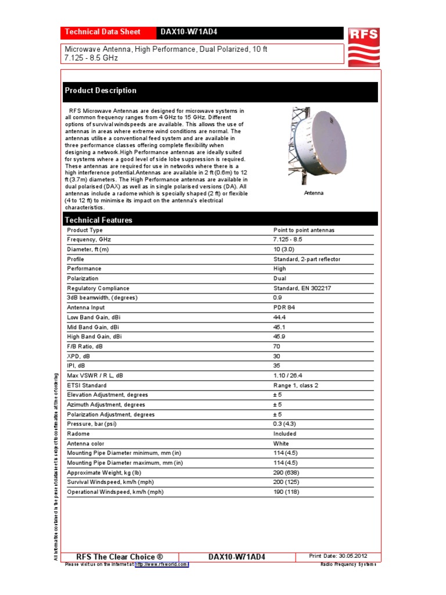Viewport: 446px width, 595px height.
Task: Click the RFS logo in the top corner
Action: pos(363,46)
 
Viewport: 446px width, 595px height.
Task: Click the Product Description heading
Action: pos(100,91)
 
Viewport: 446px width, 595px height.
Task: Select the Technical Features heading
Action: pos(98,220)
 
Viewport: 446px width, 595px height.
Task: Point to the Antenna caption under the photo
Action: pos(314,193)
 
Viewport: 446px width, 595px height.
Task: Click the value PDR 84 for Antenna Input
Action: pos(284,307)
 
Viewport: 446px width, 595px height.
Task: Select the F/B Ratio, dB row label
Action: pos(85,346)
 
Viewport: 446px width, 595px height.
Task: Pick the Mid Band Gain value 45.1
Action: pos(279,327)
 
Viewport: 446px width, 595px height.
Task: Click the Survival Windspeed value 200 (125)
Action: pos(286,482)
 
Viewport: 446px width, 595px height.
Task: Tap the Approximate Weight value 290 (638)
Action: pos(286,472)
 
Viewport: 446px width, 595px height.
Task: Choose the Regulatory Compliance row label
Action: pos(98,288)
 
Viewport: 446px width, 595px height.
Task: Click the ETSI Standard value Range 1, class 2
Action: pos(296,385)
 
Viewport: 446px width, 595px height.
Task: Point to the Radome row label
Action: pos(78,433)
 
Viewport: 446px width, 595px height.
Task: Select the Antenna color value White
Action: pos(281,443)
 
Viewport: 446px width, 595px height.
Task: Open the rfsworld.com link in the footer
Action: pos(162,564)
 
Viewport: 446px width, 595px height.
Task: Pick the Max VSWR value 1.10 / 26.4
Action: pos(287,375)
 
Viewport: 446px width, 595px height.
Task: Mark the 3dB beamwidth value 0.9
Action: pos(277,298)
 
